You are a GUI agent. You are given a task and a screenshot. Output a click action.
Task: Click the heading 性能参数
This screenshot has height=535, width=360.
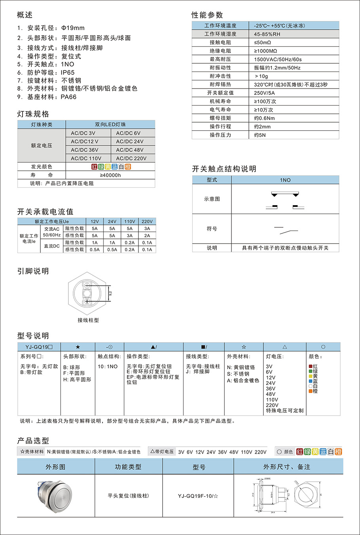click(207, 15)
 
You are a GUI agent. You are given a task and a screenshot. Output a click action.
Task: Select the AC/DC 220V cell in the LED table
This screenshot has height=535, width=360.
click(131, 158)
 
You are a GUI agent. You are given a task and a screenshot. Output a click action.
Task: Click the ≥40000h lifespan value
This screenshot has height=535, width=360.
click(110, 175)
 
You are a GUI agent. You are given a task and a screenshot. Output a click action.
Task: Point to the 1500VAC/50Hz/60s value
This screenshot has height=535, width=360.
click(278, 59)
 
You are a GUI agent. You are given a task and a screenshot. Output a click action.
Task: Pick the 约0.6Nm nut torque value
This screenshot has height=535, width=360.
click(264, 118)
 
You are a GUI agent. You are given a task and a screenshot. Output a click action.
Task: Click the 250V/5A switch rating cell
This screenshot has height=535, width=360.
click(264, 93)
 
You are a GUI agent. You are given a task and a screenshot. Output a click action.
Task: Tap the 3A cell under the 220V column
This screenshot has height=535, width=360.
click(147, 229)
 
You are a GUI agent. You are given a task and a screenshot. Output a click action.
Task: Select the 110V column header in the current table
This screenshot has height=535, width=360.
click(130, 221)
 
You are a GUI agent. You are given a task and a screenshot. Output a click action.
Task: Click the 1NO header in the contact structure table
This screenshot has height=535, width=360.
click(285, 180)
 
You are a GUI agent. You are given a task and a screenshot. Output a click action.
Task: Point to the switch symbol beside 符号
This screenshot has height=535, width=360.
click(286, 229)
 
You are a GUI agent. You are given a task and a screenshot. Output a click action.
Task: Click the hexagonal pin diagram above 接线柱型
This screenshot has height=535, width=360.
click(87, 293)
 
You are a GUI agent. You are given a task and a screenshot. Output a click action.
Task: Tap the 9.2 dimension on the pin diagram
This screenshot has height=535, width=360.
click(110, 293)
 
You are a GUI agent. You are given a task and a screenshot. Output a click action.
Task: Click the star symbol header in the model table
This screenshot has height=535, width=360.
click(78, 347)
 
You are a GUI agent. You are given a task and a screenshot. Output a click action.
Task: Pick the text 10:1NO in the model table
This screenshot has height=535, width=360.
click(108, 367)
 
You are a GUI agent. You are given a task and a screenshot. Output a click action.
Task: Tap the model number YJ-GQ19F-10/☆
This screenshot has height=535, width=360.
click(198, 496)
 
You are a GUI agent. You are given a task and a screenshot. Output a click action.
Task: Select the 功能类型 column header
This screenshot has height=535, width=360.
click(128, 467)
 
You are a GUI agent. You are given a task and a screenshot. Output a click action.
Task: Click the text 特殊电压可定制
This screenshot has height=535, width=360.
click(284, 411)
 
